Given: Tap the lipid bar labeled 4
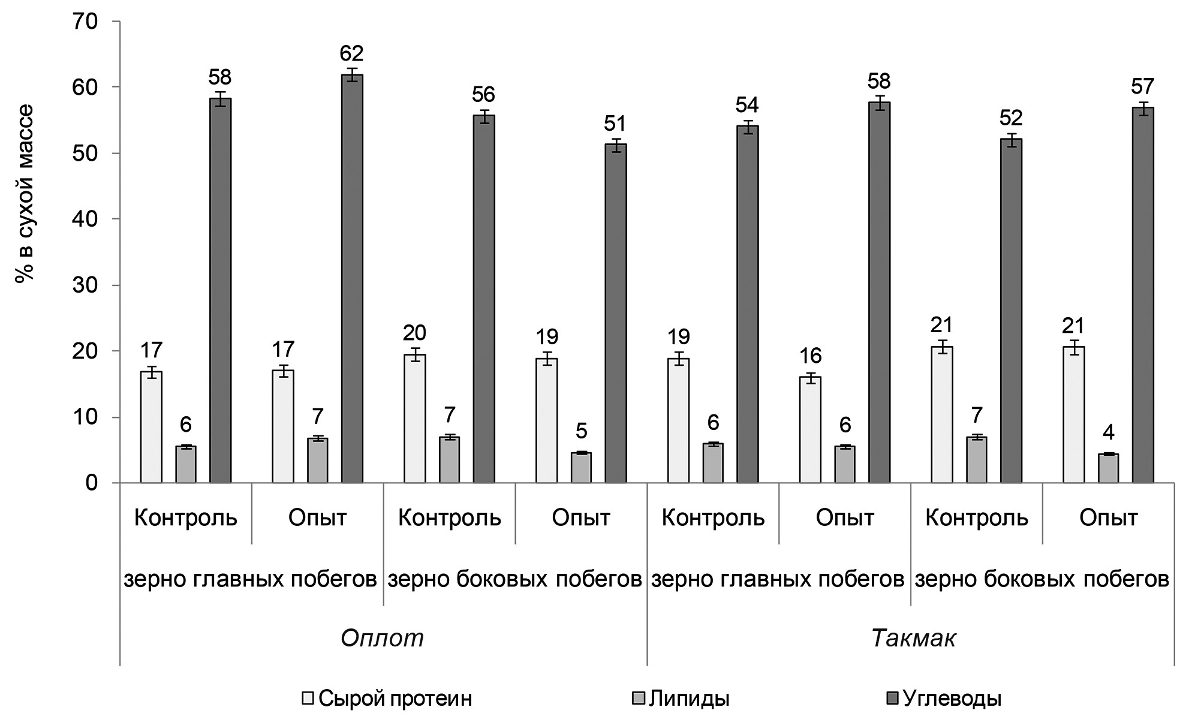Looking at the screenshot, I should (x=1108, y=468).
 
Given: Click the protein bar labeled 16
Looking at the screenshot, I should (x=811, y=429).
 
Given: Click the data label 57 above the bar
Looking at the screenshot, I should (x=1143, y=87).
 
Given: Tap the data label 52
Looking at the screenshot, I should (x=1011, y=118).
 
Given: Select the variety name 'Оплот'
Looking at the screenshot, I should (x=383, y=638).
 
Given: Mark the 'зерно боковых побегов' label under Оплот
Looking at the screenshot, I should (x=514, y=579).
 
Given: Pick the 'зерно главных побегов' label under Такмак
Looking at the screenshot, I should (x=778, y=579).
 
